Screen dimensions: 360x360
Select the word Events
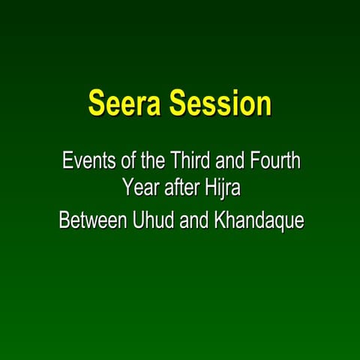[85, 160]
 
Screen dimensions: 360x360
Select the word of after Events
[121, 160]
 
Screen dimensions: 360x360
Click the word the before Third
[146, 160]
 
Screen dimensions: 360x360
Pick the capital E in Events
[66, 160]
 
